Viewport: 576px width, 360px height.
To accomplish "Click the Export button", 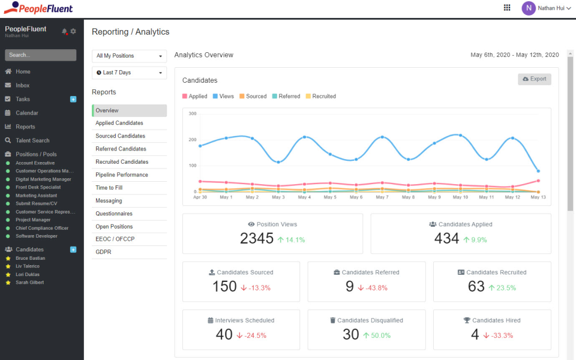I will [x=534, y=79].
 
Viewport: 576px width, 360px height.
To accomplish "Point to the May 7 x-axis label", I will [x=382, y=197].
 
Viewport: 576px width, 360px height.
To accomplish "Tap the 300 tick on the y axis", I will [x=193, y=113].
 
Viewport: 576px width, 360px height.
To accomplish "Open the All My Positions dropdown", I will [x=129, y=56].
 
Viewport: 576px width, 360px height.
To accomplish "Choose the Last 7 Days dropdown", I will [x=129, y=73].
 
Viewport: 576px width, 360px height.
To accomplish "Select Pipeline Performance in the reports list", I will [x=122, y=175].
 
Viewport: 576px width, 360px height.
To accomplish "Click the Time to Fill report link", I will [x=109, y=188].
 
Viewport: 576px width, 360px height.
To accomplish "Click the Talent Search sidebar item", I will [x=32, y=140].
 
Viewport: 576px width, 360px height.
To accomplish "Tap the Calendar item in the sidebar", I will [x=27, y=113].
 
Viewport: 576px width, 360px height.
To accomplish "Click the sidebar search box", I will [x=40, y=55].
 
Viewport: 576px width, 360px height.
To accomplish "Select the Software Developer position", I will [x=37, y=236].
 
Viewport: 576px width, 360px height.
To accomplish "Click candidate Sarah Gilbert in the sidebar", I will [x=29, y=282].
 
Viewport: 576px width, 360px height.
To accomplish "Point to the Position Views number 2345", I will [x=257, y=239].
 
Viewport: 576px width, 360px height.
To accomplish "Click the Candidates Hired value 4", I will [x=475, y=335].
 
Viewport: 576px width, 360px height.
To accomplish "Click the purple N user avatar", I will [x=528, y=8].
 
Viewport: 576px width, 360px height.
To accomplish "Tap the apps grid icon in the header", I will [x=507, y=8].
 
